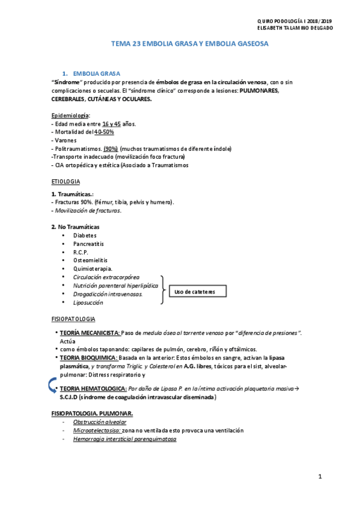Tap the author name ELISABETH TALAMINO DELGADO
point(294,28)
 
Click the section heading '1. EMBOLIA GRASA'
point(96,72)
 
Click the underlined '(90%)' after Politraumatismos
point(111,149)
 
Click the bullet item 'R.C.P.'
point(81,253)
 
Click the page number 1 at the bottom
point(320,477)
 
